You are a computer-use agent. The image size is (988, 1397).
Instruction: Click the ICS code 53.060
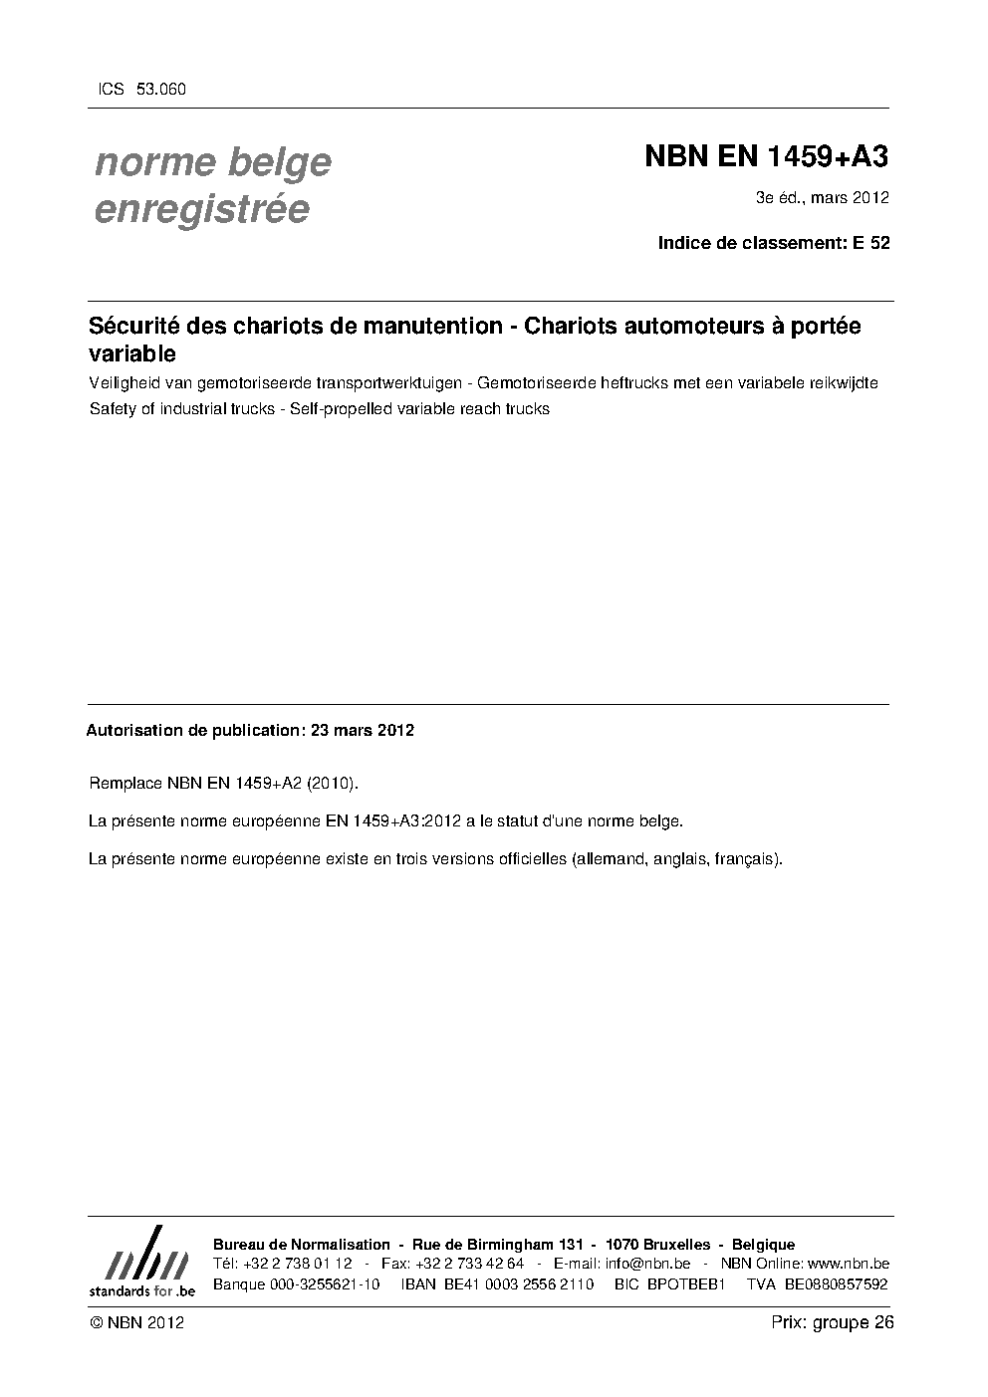tap(160, 89)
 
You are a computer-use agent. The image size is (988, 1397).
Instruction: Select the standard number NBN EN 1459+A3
tap(767, 156)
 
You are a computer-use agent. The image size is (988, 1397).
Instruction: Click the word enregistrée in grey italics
tap(202, 209)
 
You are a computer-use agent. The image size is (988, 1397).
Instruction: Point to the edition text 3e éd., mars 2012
tap(822, 197)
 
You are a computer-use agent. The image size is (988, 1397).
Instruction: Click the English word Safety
tap(112, 408)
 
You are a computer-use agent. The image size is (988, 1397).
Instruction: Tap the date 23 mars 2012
tap(363, 730)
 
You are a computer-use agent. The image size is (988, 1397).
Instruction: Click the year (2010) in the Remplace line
tap(331, 784)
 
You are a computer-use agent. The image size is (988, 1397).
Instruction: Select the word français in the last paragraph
tap(747, 858)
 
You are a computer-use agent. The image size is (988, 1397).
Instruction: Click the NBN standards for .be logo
tap(141, 1261)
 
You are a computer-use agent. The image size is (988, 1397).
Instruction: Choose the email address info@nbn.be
tap(647, 1264)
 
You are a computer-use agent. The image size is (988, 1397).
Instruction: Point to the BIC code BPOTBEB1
tap(686, 1283)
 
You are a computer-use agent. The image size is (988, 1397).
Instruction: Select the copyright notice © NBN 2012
tap(136, 1322)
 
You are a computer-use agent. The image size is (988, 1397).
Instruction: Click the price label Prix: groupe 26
tap(832, 1322)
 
